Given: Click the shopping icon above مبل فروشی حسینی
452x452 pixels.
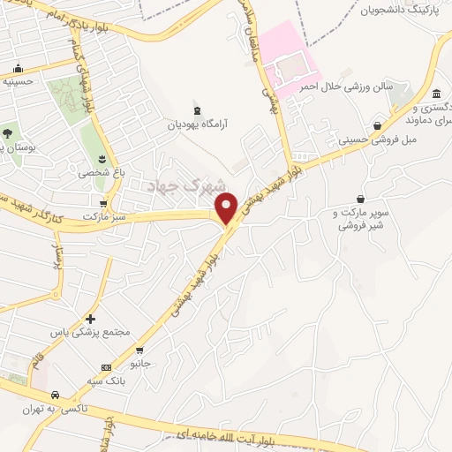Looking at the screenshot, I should point(378,126).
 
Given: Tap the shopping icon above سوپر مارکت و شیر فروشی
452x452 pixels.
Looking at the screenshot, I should point(360,200).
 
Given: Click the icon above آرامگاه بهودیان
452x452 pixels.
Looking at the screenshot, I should point(196,111).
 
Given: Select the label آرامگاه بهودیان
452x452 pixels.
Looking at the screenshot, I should point(200,125).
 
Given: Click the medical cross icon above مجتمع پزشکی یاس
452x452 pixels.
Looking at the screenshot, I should point(90,318).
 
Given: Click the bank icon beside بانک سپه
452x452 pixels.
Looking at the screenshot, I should point(106,367).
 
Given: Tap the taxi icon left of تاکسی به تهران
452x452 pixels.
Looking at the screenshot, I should point(56,395).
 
